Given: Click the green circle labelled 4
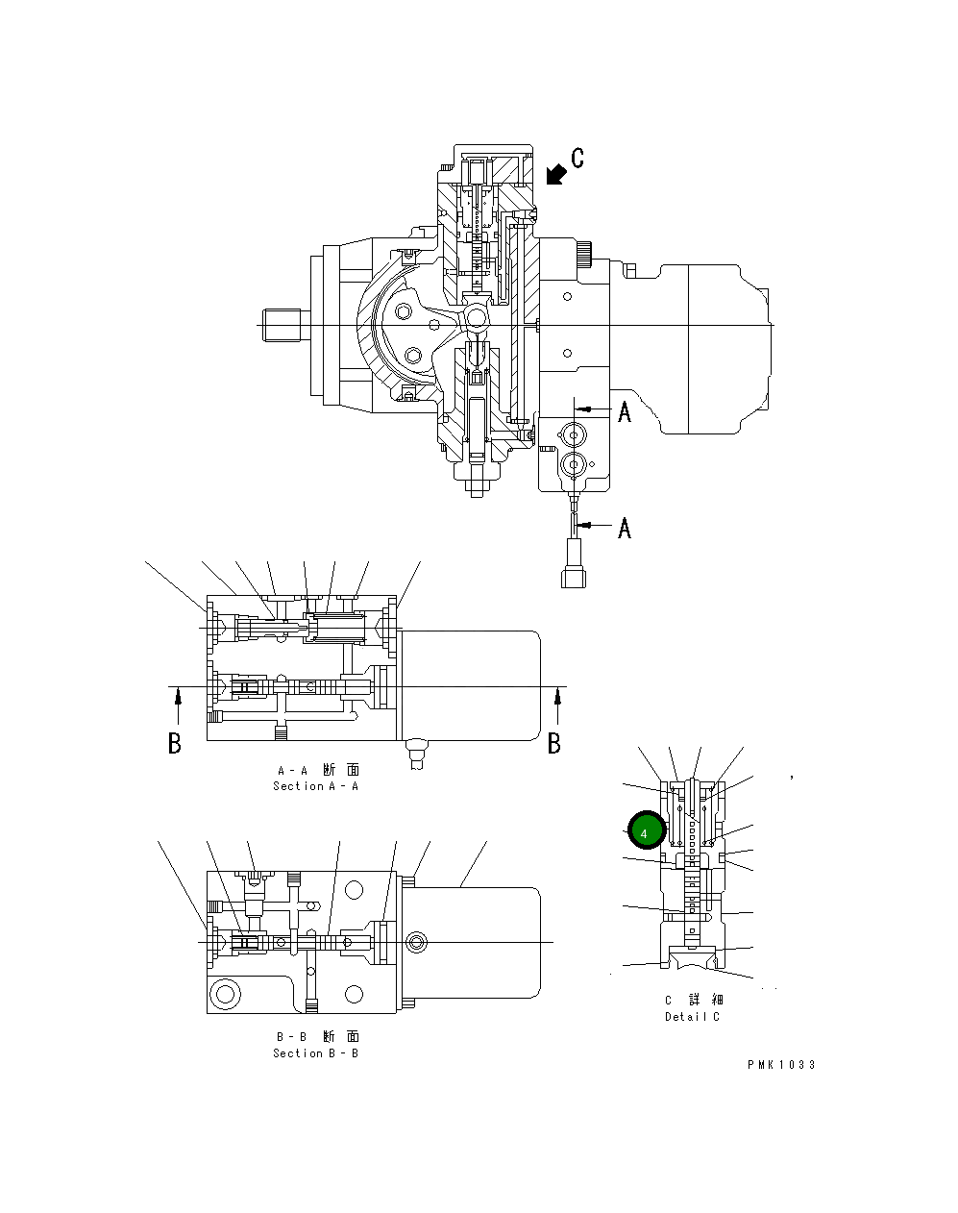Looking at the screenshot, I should (646, 831).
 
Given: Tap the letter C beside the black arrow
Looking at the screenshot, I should (577, 158).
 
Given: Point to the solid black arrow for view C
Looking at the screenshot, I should (554, 174).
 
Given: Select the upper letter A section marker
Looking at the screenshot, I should (625, 412).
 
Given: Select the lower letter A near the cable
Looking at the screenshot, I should (625, 528).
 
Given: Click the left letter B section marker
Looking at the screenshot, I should (174, 743).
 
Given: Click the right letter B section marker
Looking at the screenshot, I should (553, 743).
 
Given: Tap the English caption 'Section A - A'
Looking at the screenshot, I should (315, 786).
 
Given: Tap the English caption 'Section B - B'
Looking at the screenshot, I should (315, 1053).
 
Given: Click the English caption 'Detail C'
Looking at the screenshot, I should (691, 1017).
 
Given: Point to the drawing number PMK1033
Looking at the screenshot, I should (781, 1065).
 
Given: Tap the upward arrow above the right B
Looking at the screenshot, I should (557, 709).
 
